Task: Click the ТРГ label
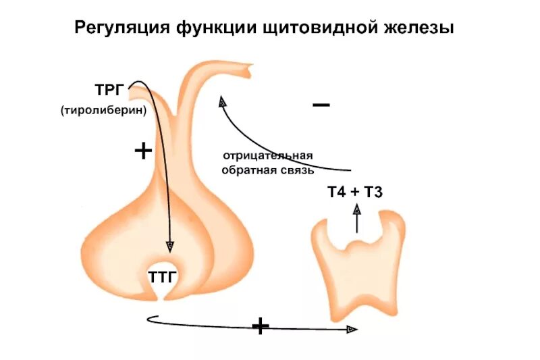pyautogui.click(x=109, y=90)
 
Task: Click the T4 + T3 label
pyautogui.click(x=355, y=192)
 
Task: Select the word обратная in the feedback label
pyautogui.click(x=246, y=170)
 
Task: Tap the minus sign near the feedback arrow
pyautogui.click(x=321, y=105)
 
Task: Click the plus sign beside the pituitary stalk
pyautogui.click(x=143, y=151)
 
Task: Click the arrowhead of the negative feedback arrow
pyautogui.click(x=222, y=102)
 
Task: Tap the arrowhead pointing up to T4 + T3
pyautogui.click(x=356, y=211)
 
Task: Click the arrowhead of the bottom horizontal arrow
pyautogui.click(x=352, y=329)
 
